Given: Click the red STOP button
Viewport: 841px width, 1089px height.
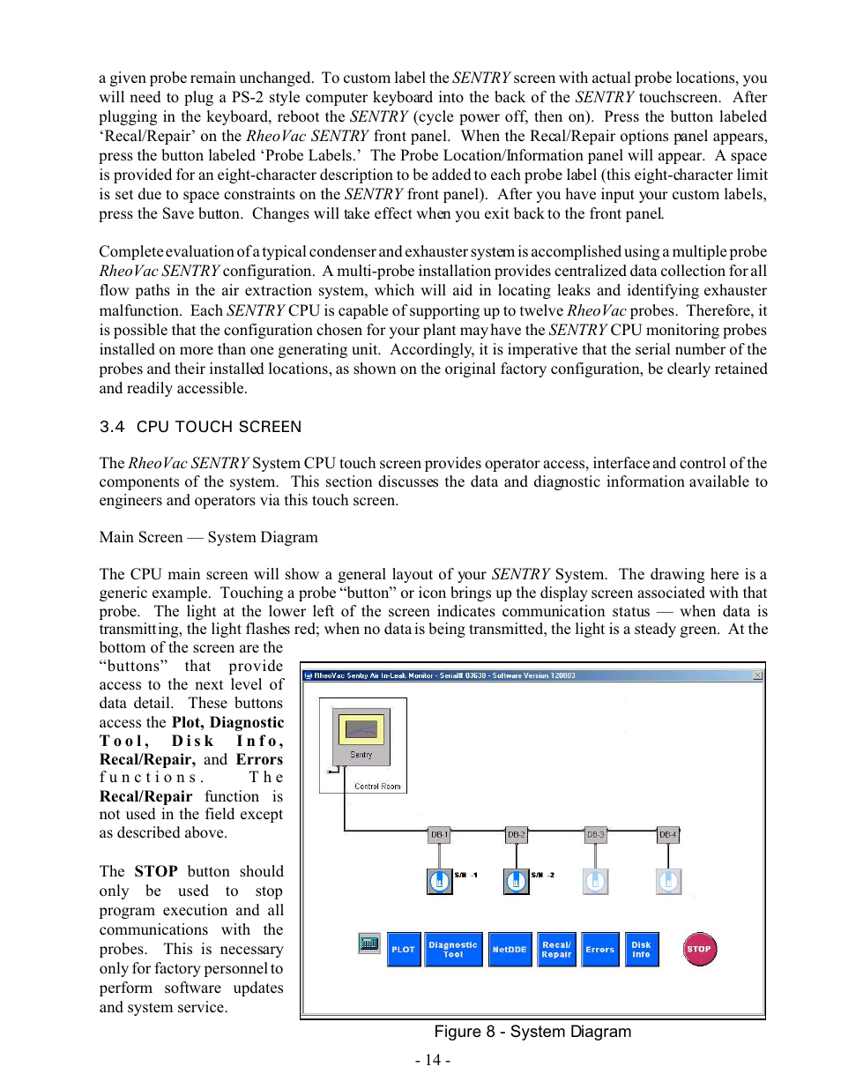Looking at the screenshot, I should [x=699, y=949].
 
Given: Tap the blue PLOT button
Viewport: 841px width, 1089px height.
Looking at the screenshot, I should [x=404, y=950].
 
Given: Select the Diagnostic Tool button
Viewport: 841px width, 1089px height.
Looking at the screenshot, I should [x=453, y=950].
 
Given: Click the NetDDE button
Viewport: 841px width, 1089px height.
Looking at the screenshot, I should [x=510, y=950].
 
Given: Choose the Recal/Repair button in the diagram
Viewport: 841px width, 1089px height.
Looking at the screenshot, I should [x=556, y=950].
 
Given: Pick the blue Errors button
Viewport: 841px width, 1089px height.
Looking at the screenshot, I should [x=600, y=950].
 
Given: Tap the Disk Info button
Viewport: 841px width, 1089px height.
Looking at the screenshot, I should [x=641, y=950].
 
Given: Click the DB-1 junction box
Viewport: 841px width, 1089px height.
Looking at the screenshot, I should [x=439, y=834].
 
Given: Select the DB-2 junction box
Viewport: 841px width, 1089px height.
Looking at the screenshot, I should [x=517, y=834].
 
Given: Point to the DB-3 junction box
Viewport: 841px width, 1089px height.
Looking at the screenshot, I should [x=596, y=834].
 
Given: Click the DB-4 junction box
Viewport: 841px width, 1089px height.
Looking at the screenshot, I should [x=668, y=834].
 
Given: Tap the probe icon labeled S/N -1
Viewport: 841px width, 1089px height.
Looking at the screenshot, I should [x=439, y=881].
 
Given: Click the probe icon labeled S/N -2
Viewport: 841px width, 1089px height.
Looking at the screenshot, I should [x=516, y=881].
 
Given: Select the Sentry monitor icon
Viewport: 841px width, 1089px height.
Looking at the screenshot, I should [x=361, y=735].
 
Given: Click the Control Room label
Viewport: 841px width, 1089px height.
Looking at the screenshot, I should [x=377, y=786].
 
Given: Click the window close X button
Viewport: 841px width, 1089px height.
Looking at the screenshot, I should [x=758, y=676].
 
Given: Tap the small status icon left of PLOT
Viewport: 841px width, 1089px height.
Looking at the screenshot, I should [x=369, y=944].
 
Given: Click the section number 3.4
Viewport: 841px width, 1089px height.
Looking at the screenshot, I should [x=112, y=427].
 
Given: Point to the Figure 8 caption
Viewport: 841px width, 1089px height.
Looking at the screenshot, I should [x=532, y=1032].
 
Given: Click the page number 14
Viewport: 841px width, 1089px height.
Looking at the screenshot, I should [x=433, y=1060].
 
